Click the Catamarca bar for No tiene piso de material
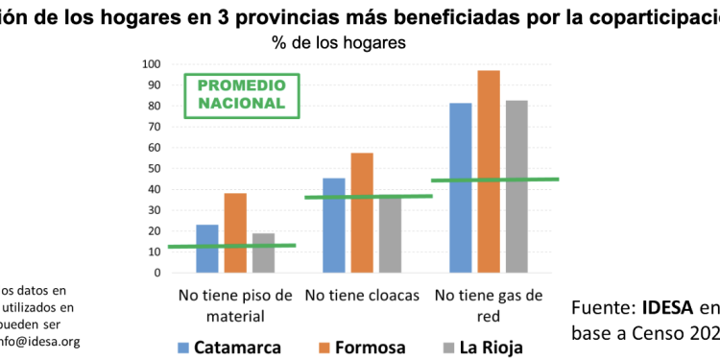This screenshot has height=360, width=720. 207,249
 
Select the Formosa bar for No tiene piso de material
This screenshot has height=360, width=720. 236,233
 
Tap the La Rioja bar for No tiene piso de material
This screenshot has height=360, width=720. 264,252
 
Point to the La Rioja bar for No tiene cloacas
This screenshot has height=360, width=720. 390,234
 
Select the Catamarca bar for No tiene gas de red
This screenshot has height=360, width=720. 461,188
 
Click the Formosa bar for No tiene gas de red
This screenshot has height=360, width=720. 489,172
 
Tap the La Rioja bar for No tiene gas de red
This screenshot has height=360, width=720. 516,186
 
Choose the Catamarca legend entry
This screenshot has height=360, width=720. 230,347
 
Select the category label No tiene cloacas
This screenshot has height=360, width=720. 362,296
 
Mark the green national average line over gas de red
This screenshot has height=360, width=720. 495,180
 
